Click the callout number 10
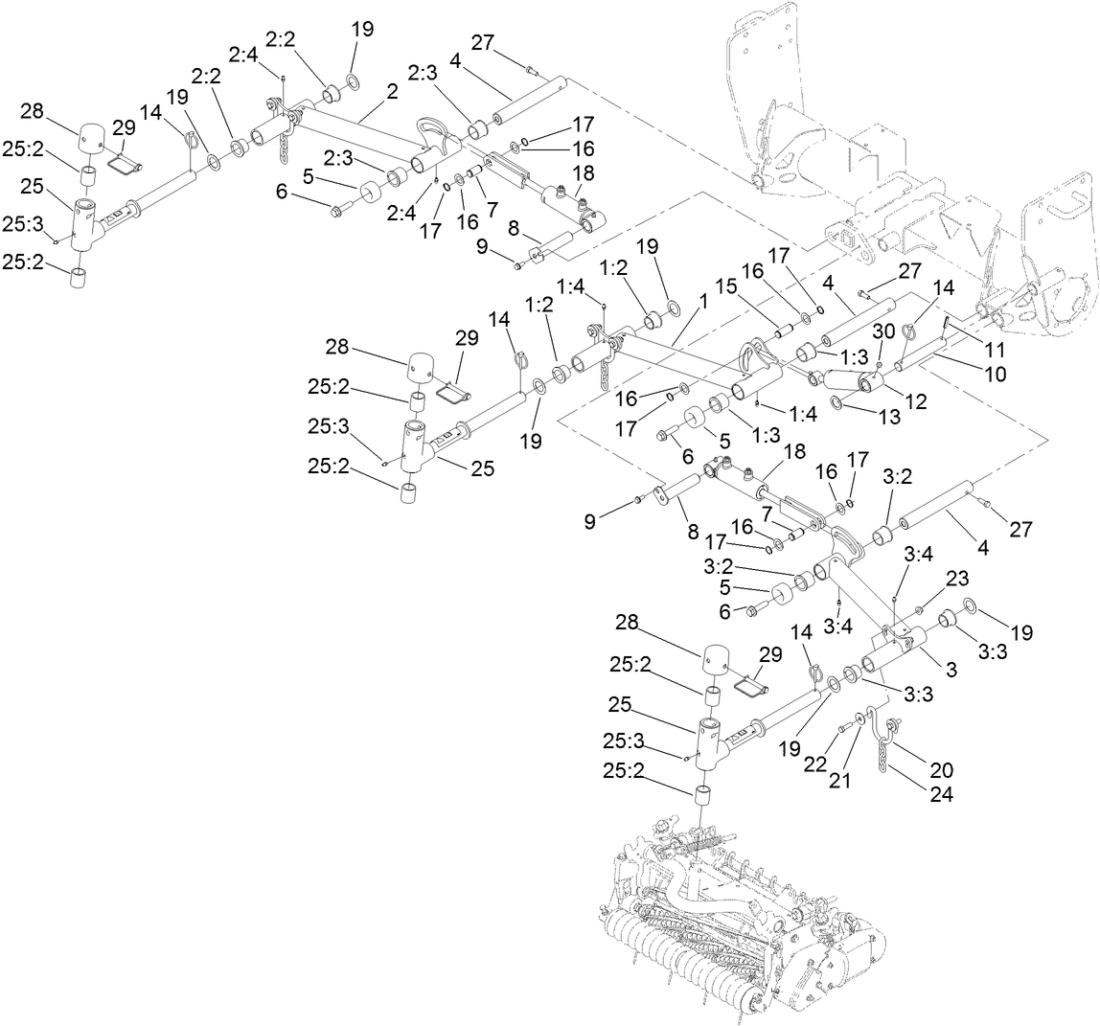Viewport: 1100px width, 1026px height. [x=995, y=374]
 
